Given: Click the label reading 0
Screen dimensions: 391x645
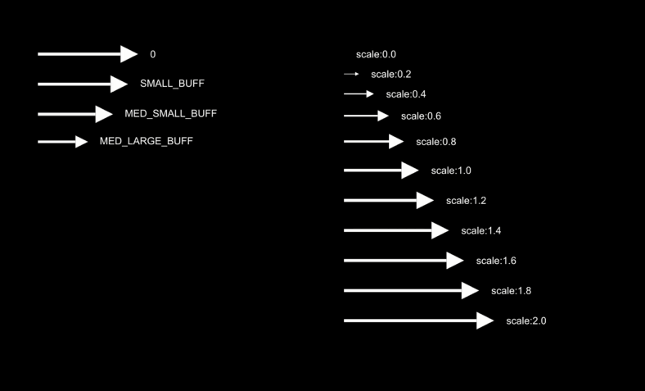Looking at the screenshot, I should [x=153, y=54].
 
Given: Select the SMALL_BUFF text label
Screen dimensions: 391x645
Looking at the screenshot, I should [x=172, y=84].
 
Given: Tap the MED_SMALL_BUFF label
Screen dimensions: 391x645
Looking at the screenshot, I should [x=170, y=113].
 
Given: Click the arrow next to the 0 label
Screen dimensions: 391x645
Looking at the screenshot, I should [x=87, y=54].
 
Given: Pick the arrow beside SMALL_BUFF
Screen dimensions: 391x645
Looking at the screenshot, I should [x=82, y=84].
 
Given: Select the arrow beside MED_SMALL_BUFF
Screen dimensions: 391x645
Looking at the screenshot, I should [x=74, y=114].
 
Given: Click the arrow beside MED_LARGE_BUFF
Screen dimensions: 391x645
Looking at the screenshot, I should [x=62, y=142].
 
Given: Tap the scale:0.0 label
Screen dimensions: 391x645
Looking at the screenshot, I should [x=376, y=54].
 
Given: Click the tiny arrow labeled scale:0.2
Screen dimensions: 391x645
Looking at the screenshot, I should [x=351, y=74].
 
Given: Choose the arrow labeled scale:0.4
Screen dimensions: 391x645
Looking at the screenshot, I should [x=359, y=94].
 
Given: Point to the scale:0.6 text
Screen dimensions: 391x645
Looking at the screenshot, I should [x=421, y=116].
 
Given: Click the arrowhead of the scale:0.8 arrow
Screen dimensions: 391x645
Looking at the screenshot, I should [x=396, y=142].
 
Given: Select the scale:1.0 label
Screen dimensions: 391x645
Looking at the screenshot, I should [x=451, y=170].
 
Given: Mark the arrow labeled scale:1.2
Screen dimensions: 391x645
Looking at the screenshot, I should [x=388, y=201].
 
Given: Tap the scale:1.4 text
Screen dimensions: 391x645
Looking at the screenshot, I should [x=480, y=230].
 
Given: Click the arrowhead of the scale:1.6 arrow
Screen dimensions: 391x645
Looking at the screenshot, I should [x=456, y=261].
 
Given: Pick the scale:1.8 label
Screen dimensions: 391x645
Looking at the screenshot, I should [x=511, y=291].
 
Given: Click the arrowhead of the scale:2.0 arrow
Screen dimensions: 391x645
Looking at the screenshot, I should [x=485, y=321].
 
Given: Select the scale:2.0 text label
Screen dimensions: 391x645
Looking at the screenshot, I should [x=525, y=321].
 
